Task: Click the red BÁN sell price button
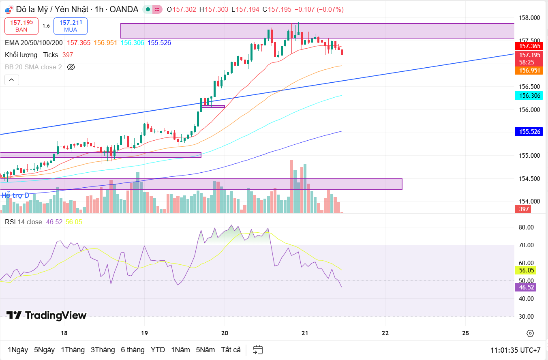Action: [x=21, y=26]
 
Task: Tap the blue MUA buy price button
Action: [x=71, y=26]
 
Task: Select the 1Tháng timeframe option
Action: [x=73, y=349]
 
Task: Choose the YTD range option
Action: [x=158, y=349]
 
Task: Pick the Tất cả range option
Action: [x=231, y=349]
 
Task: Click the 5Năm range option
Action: [x=205, y=349]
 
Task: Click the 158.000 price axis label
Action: [x=529, y=18]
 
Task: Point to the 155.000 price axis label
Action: [x=529, y=155]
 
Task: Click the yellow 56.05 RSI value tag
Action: [x=525, y=270]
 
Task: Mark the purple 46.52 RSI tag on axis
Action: [x=525, y=287]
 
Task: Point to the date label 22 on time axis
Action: [x=385, y=333]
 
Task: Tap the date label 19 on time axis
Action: [x=144, y=333]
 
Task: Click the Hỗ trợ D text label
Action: [x=15, y=195]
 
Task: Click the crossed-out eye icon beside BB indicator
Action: [x=71, y=67]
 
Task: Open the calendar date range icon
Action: [x=258, y=349]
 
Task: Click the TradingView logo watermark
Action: [x=47, y=315]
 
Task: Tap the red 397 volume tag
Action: [x=524, y=209]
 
